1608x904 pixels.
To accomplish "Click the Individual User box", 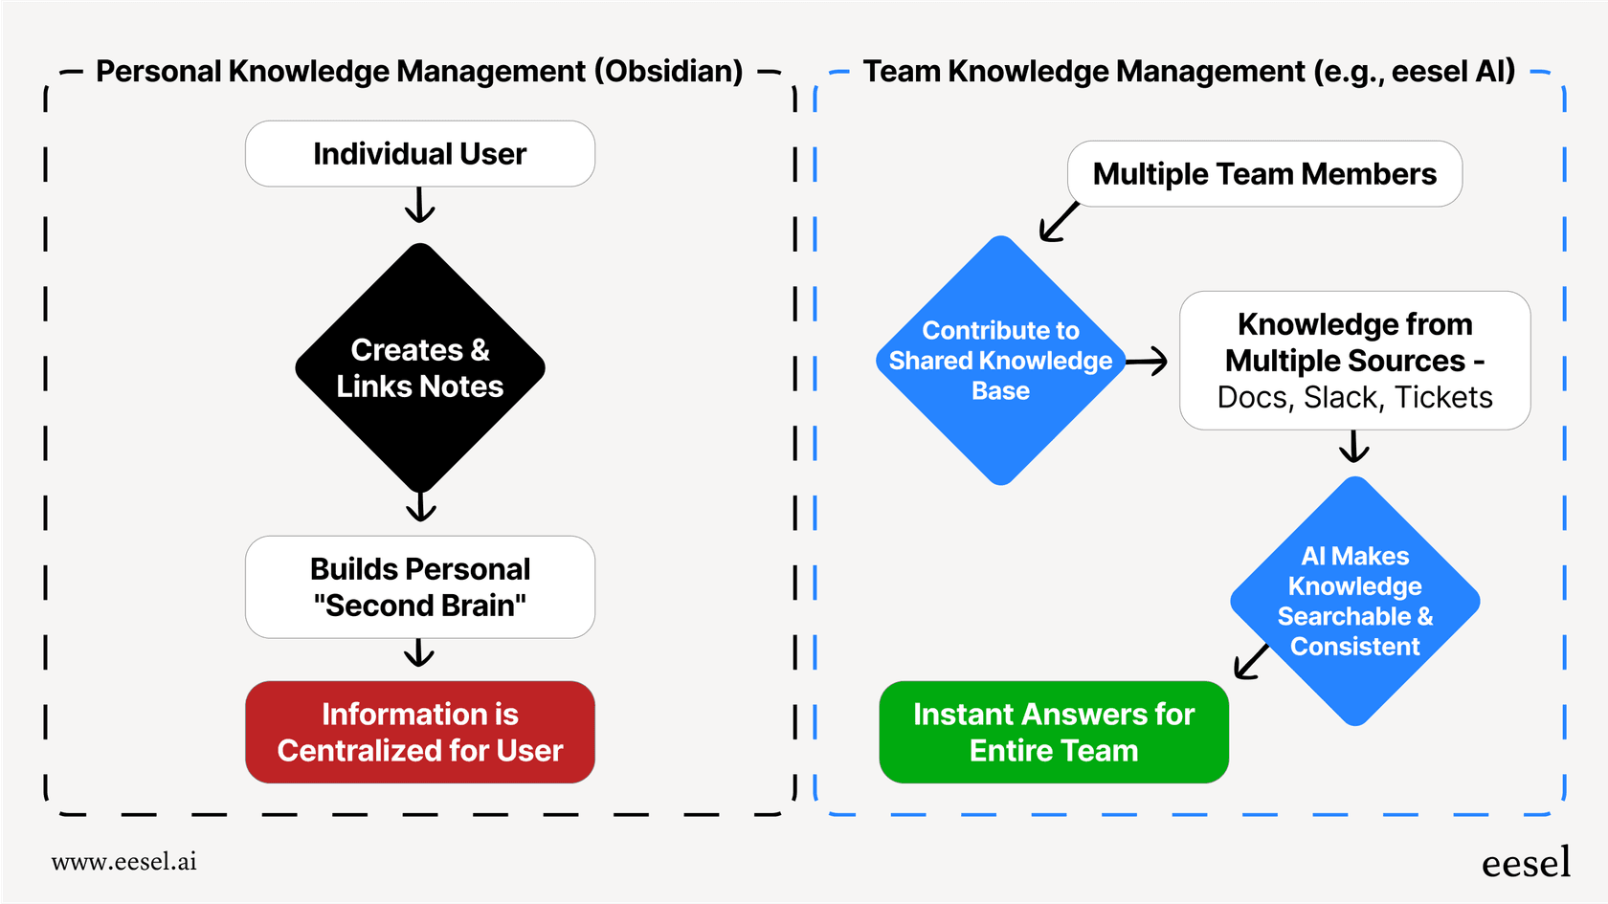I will (x=419, y=153).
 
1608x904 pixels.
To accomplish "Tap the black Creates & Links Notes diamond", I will (x=419, y=368).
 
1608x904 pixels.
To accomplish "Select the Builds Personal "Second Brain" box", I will (x=419, y=586).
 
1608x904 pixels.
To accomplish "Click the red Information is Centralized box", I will (x=419, y=732).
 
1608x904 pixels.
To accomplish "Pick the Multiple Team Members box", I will (x=1263, y=174).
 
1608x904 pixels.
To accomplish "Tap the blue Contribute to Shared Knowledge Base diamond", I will (x=1000, y=361).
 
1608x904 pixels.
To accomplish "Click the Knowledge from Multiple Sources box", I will (x=1354, y=360).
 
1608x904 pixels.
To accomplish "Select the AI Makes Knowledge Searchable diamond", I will (x=1354, y=601).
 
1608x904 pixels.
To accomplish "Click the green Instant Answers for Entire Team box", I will (x=1053, y=732).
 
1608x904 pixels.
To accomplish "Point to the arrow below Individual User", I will (x=419, y=205).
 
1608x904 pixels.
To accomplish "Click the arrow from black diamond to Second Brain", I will (x=420, y=506).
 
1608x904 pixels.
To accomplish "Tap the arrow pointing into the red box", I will (x=419, y=653).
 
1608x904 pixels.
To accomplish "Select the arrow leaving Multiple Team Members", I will (x=1059, y=223).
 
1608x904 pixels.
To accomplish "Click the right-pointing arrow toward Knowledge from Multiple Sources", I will (x=1147, y=361).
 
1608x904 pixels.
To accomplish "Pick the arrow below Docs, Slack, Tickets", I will (x=1353, y=446).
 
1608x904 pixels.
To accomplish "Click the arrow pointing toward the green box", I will (x=1251, y=661).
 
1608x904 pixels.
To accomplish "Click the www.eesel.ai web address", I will (x=123, y=861).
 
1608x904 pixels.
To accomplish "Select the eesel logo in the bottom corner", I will (x=1526, y=863).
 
